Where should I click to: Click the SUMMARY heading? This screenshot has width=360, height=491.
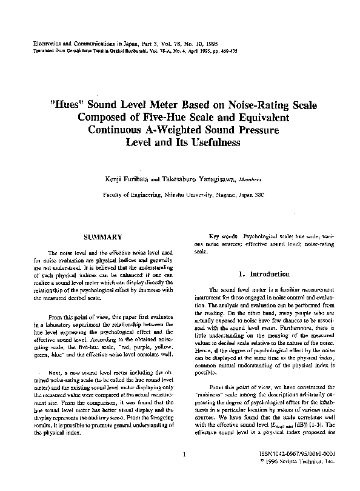click(x=104, y=237)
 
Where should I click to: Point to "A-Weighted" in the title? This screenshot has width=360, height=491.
click(x=178, y=130)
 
